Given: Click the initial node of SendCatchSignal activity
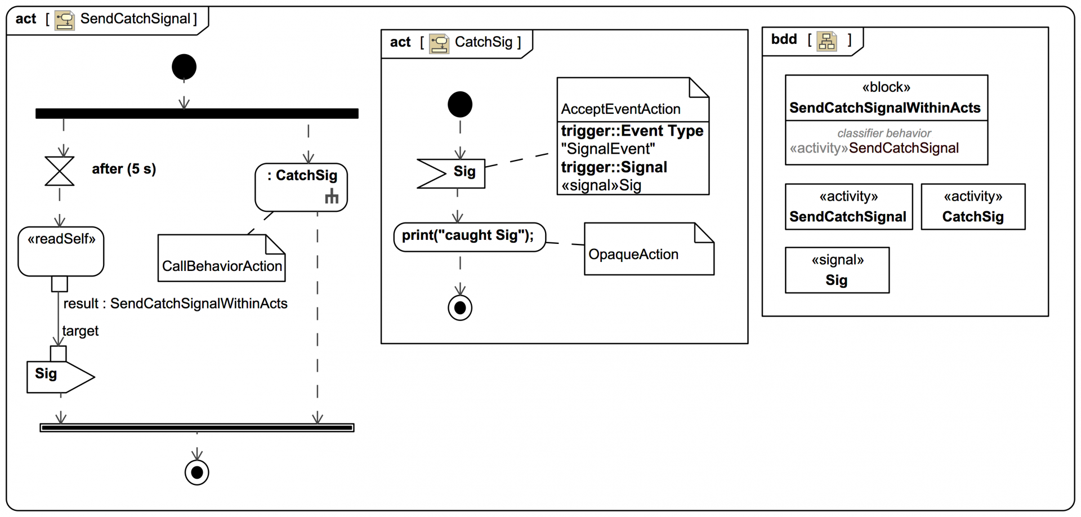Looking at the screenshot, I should coord(184,67).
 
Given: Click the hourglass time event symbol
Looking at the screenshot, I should coord(60,171).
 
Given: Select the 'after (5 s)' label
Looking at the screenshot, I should coord(124,169).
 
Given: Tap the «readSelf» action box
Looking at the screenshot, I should coord(61,251).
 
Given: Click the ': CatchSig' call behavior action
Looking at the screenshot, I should coord(301,187).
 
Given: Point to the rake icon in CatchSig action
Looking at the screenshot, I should coord(332,197).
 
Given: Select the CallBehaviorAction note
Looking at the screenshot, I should coord(222,258).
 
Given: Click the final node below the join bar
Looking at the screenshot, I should coord(197,472).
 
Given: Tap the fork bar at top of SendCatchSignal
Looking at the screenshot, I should coord(197,114).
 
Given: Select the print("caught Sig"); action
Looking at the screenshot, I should coord(469,237).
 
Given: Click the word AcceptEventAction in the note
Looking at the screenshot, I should coord(620,109).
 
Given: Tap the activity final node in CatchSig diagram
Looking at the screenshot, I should coord(460,308).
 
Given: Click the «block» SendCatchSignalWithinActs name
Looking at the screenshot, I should coord(885,108).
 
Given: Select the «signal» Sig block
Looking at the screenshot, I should coord(837,270).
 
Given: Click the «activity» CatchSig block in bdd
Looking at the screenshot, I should coord(972,207).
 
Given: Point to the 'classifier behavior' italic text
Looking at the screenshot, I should coord(884,133).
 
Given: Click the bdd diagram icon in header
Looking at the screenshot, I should coord(827,41).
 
